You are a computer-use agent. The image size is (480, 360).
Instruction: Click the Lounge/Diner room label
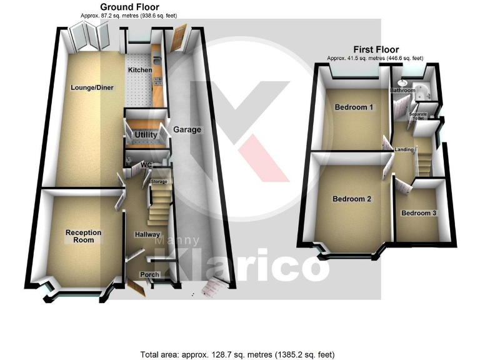92,87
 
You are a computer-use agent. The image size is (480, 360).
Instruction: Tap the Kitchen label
140,71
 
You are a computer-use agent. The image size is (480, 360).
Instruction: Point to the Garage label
187,130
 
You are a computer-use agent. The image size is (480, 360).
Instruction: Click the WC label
147,165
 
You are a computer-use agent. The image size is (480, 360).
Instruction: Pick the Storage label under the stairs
159,181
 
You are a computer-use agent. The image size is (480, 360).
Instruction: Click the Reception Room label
83,236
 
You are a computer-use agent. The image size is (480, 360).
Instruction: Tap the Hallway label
148,234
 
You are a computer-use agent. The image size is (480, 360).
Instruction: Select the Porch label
149,274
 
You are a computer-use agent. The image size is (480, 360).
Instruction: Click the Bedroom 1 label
354,107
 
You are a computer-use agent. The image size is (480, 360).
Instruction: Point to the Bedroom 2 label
352,199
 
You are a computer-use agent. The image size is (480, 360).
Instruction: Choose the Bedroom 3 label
419,213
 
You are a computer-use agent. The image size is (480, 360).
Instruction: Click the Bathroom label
402,91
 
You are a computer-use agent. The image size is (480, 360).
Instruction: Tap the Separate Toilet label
417,116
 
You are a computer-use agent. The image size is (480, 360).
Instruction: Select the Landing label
405,149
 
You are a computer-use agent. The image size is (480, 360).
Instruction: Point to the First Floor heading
376,50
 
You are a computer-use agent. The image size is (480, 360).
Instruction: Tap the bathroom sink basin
402,82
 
